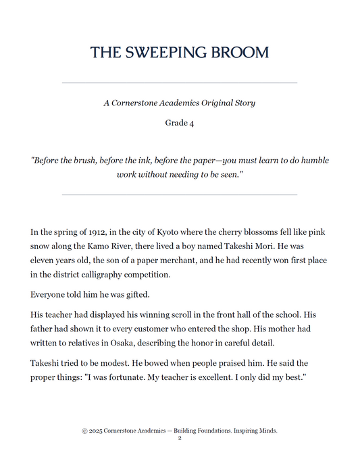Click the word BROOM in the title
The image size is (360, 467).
tap(237, 53)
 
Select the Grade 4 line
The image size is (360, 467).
tap(180, 123)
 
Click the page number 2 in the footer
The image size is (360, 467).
tap(180, 439)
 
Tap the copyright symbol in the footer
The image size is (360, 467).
tap(84, 431)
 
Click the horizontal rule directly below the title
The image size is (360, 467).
tap(180, 82)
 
